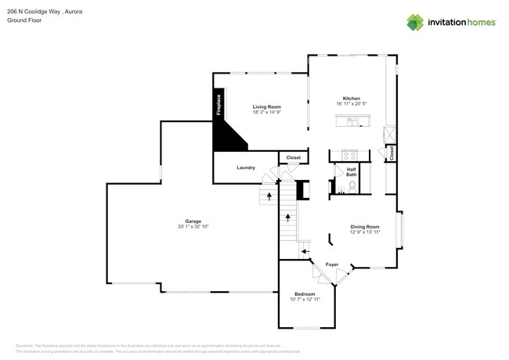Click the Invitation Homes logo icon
[414, 23]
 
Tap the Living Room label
[266, 106]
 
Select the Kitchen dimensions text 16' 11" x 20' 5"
[352, 104]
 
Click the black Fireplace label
[218, 106]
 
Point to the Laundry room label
[246, 167]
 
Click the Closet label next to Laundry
[293, 158]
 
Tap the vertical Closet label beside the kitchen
[391, 153]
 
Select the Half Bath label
[352, 171]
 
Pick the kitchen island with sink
[352, 121]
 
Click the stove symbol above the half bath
[344, 155]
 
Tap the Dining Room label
[364, 227]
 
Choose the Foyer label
[332, 265]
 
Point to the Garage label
[193, 221]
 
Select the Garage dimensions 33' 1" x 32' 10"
[193, 226]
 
